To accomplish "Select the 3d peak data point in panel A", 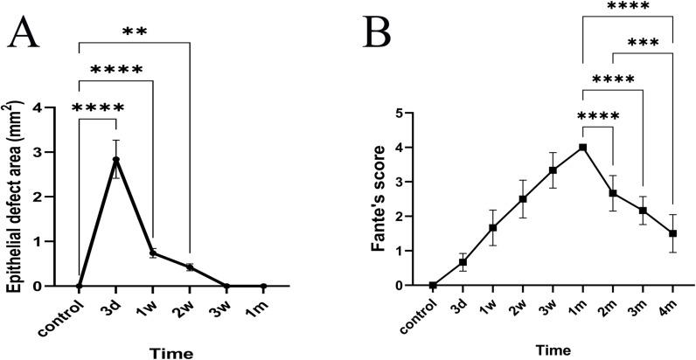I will (x=115, y=160).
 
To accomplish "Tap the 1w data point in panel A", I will (x=152, y=253).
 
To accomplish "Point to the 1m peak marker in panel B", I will (x=582, y=148).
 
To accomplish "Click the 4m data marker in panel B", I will (x=672, y=233).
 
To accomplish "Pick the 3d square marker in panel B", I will (x=463, y=262).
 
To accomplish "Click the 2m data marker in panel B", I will (x=612, y=193).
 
